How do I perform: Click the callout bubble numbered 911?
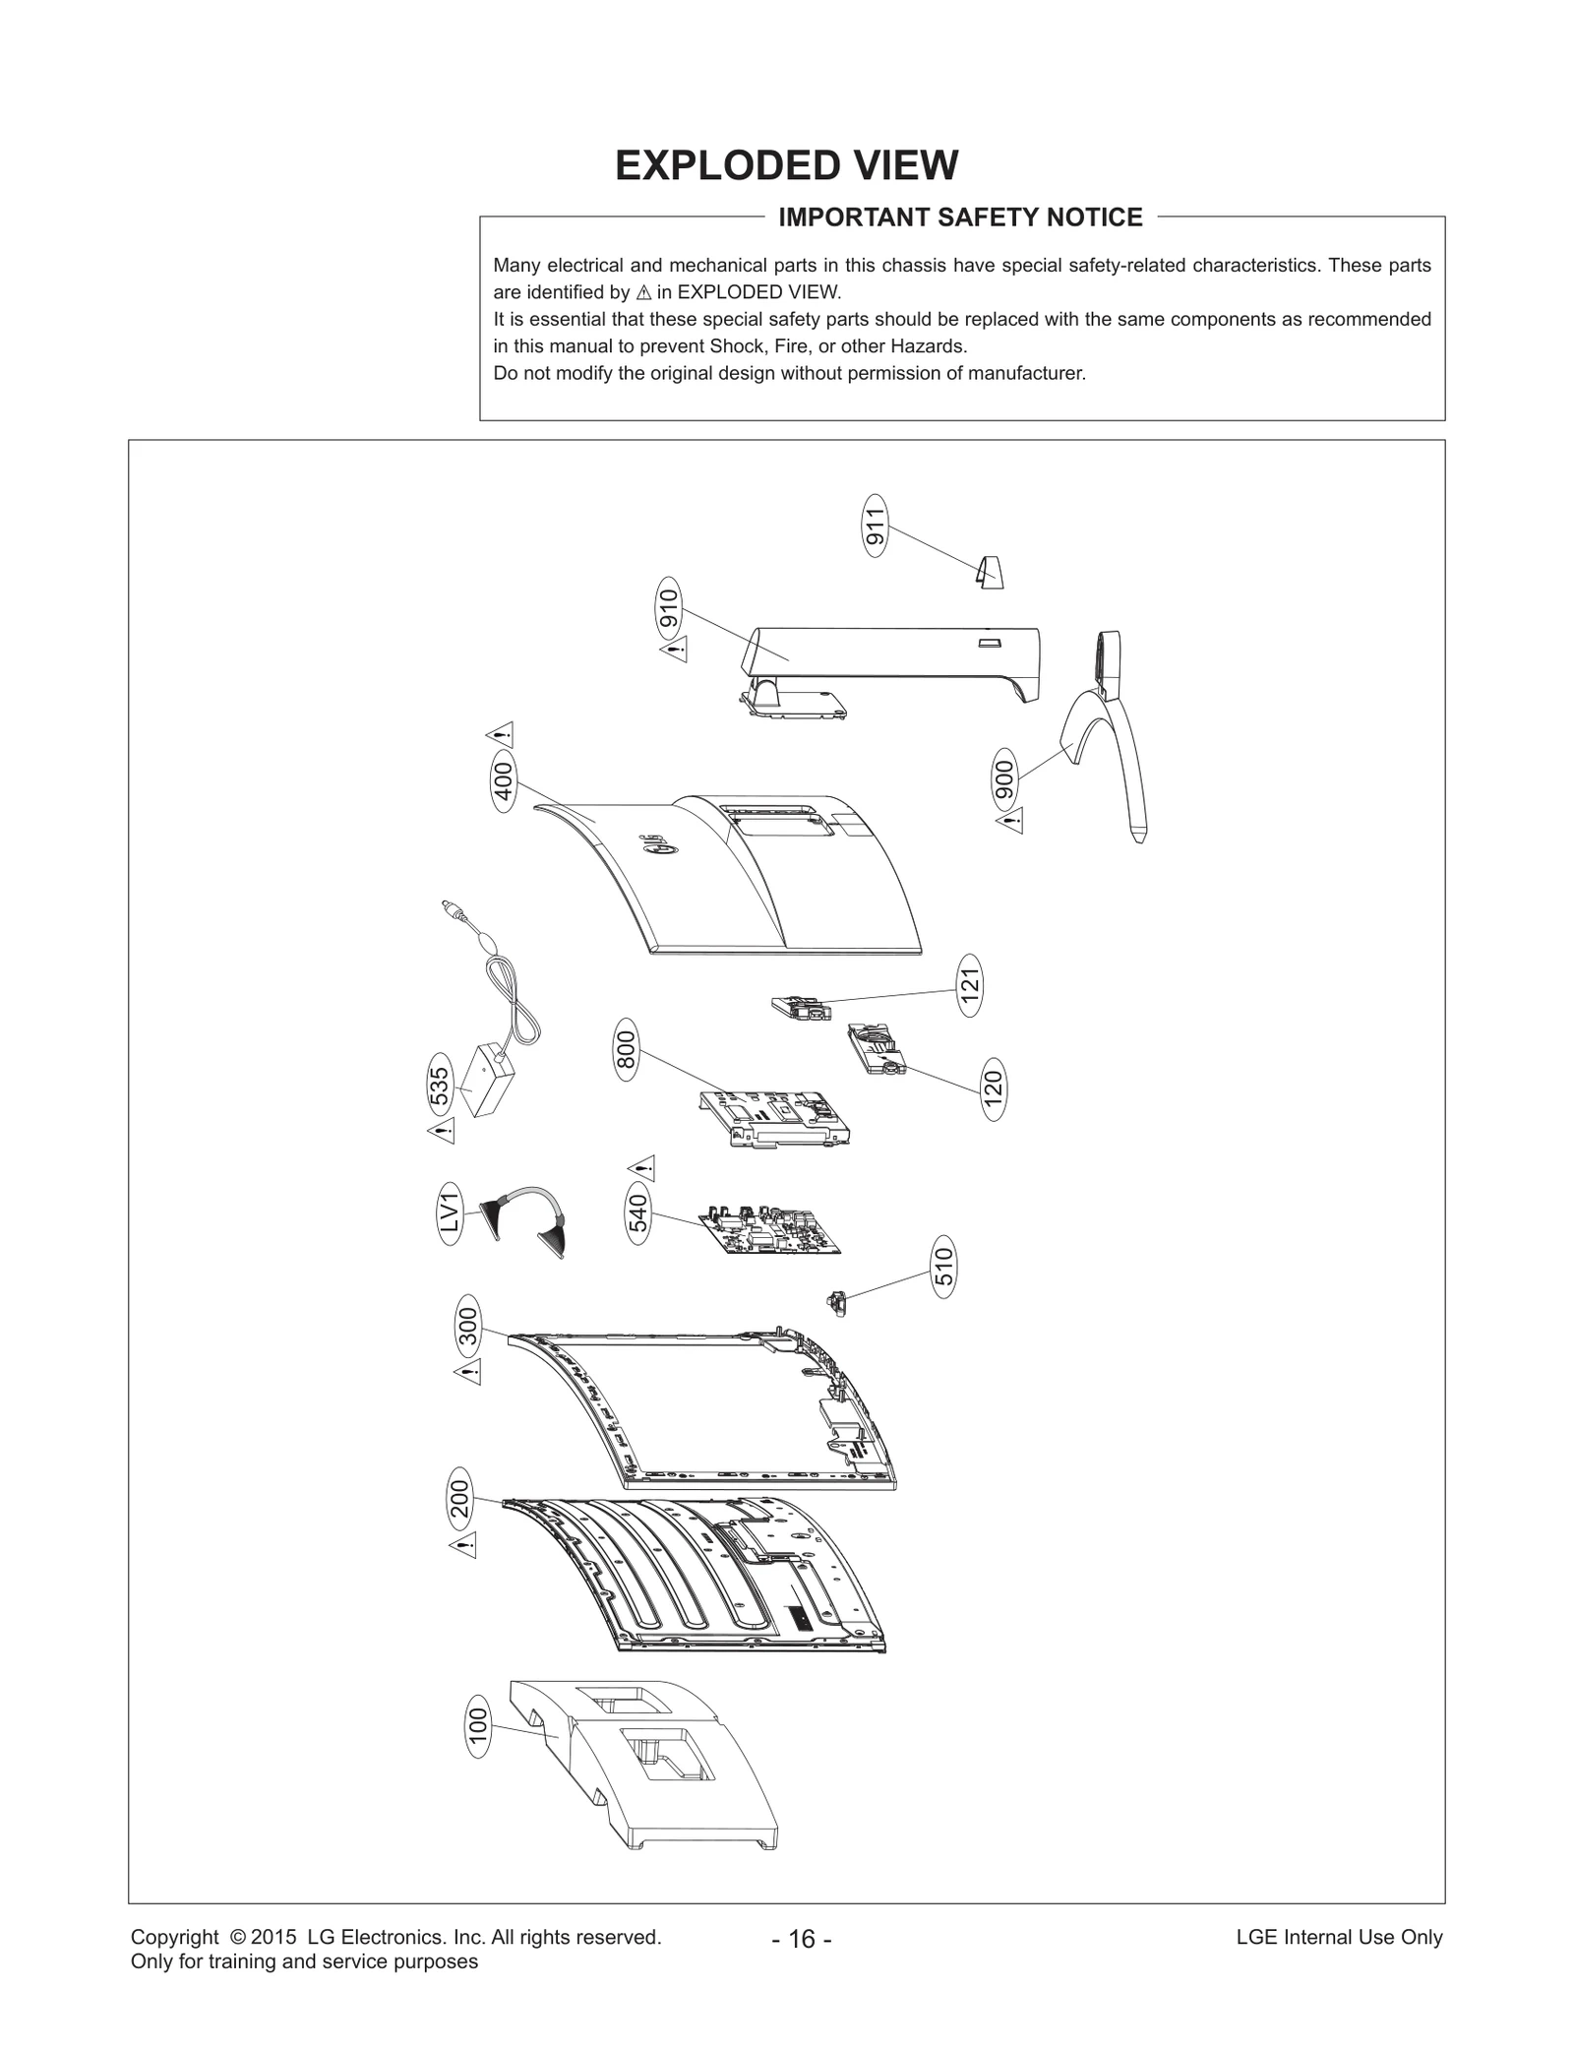[x=875, y=526]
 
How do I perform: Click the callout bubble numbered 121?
[x=970, y=984]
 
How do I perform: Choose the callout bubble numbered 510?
[x=942, y=1269]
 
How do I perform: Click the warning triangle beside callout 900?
[x=1009, y=820]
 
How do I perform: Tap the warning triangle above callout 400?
[x=501, y=734]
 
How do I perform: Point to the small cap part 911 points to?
[x=990, y=571]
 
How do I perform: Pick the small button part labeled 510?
[x=837, y=1302]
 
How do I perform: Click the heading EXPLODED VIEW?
[x=786, y=165]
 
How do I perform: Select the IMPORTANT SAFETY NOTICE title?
[x=960, y=218]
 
